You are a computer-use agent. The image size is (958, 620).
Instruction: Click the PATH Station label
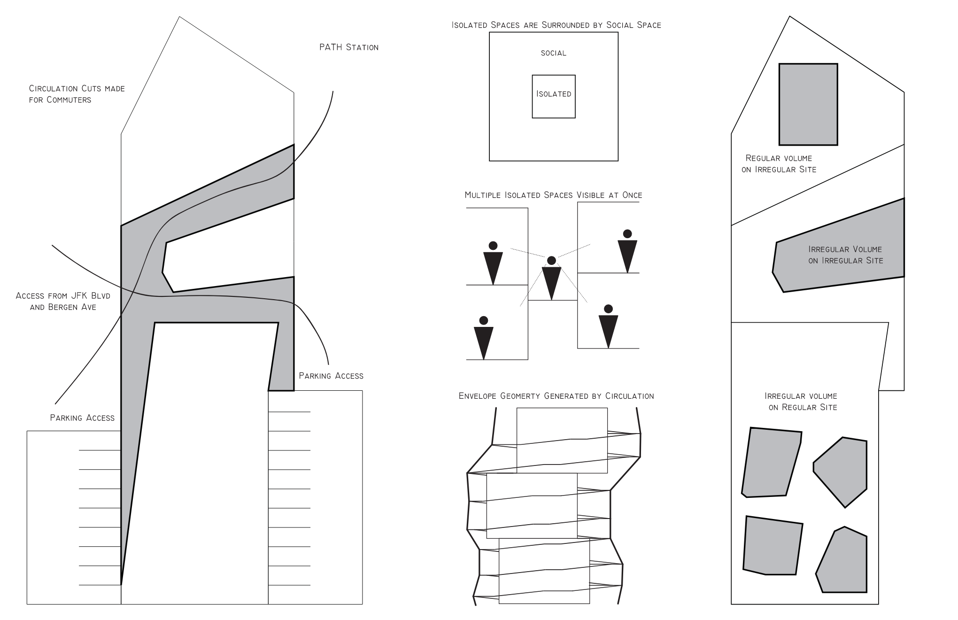348,47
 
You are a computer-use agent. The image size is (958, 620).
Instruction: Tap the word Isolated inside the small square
554,94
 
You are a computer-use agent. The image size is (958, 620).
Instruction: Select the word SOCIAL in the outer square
553,53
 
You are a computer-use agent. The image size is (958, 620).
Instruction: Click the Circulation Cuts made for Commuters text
77,94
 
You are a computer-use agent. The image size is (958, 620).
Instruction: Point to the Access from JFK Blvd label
63,301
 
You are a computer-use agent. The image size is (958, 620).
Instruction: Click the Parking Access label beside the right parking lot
331,376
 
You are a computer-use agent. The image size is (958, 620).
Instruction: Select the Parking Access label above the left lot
82,418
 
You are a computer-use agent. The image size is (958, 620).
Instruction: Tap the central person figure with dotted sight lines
552,279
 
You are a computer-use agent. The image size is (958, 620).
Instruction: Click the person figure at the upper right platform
627,251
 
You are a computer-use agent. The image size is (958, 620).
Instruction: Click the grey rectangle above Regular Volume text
808,104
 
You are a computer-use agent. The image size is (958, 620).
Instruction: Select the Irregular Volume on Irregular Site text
845,255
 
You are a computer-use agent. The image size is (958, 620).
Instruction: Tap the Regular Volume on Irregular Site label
779,164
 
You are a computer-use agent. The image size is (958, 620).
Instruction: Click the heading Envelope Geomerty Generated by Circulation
556,396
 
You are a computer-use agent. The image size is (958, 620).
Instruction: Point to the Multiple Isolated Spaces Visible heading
553,195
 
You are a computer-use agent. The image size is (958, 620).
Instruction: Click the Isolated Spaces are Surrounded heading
556,25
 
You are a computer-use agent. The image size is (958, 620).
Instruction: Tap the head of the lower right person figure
608,309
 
